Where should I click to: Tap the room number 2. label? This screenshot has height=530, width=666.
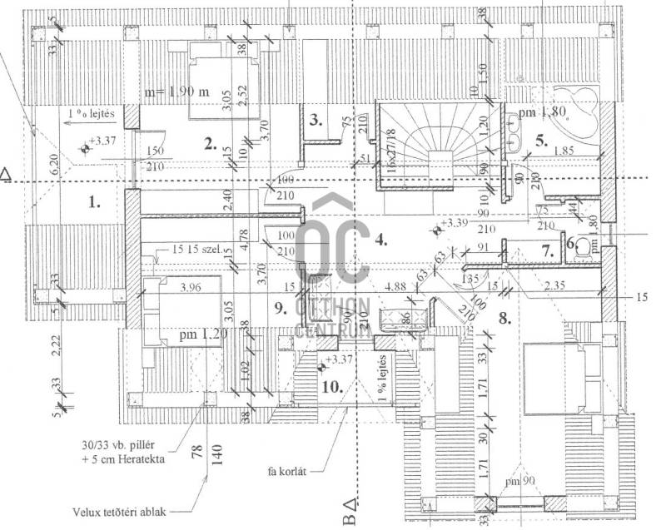211,142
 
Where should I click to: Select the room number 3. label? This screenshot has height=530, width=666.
316,120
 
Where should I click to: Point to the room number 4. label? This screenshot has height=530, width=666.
381,240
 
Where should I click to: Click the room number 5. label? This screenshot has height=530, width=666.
542,141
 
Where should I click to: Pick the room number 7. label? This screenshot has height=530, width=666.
548,250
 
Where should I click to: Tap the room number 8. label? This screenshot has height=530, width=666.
502,316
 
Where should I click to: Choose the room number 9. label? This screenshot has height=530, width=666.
280,308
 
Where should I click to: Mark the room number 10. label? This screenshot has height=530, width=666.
334,386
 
